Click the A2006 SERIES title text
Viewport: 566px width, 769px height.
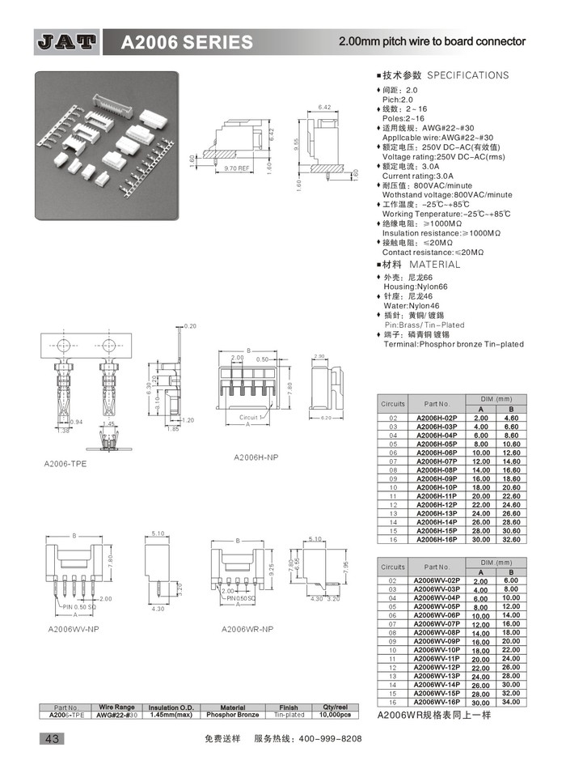click(x=187, y=43)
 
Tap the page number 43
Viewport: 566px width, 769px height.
click(x=51, y=738)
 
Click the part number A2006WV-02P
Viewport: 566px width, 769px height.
click(x=437, y=580)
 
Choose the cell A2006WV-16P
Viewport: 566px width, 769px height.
click(x=437, y=702)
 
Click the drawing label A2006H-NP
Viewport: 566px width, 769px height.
click(x=256, y=457)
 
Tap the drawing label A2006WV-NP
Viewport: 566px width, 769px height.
click(x=74, y=628)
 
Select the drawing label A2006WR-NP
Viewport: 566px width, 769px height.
click(x=247, y=628)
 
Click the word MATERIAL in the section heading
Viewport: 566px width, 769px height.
click(x=434, y=265)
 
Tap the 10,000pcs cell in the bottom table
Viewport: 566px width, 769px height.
click(x=334, y=715)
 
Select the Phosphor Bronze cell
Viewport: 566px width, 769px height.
click(x=232, y=715)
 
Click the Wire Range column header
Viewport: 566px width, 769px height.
click(x=116, y=707)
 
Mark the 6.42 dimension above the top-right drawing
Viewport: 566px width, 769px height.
click(x=326, y=107)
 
